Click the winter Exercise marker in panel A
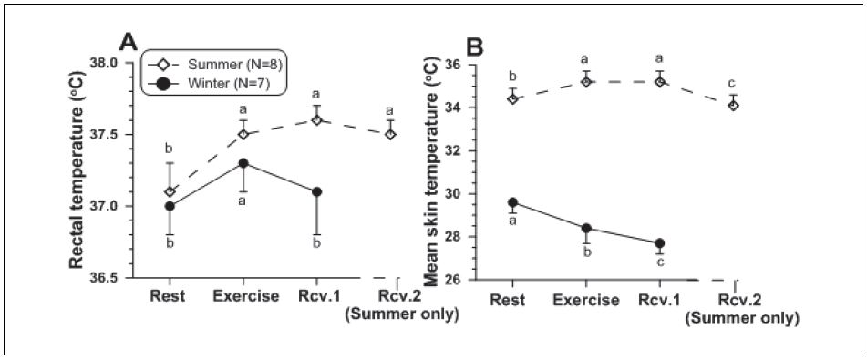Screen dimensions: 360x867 (x=245, y=163)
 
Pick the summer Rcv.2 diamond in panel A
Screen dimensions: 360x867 (x=390, y=134)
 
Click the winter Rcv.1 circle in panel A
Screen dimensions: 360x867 (x=316, y=191)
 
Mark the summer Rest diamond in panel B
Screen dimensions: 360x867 (x=513, y=98)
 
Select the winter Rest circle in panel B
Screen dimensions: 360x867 (x=513, y=202)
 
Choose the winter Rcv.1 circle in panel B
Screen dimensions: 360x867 (x=659, y=243)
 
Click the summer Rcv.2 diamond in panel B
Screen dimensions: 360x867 (x=733, y=105)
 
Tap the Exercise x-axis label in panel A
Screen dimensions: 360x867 (x=245, y=296)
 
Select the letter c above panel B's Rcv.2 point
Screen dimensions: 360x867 (x=733, y=84)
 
